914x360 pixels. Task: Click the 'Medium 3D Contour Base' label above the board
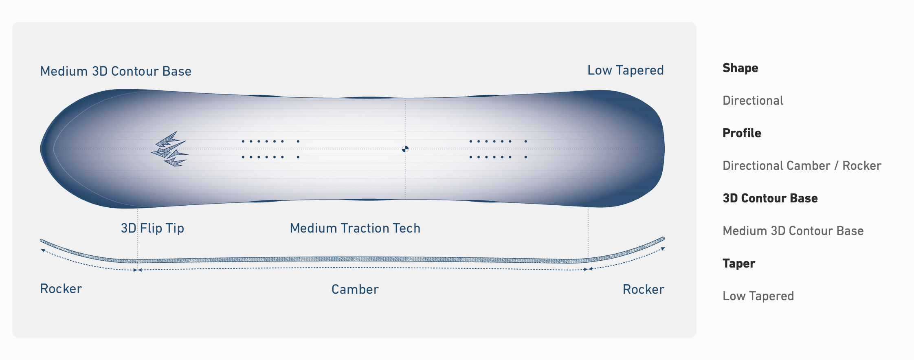click(x=116, y=71)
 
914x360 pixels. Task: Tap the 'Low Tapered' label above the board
click(x=626, y=70)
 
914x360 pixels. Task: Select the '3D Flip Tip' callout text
click(x=152, y=228)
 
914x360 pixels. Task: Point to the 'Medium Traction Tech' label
click(x=355, y=228)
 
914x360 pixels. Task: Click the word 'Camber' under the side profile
click(x=355, y=290)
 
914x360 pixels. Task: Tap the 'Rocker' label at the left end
click(x=61, y=289)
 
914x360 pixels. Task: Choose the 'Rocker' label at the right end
click(x=644, y=290)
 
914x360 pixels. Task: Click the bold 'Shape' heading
click(x=740, y=68)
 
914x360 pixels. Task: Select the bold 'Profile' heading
click(x=742, y=133)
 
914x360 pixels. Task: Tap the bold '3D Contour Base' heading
click(x=770, y=198)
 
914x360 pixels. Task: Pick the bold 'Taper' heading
click(x=739, y=263)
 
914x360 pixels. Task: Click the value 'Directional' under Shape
click(x=753, y=101)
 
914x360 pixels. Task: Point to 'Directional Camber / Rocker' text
click(x=802, y=166)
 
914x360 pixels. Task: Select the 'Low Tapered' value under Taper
click(x=758, y=296)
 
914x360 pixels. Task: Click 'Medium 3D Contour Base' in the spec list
click(x=793, y=231)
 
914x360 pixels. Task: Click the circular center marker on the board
click(x=405, y=149)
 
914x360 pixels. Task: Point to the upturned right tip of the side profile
click(x=663, y=239)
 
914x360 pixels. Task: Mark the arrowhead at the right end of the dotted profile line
click(x=663, y=248)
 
